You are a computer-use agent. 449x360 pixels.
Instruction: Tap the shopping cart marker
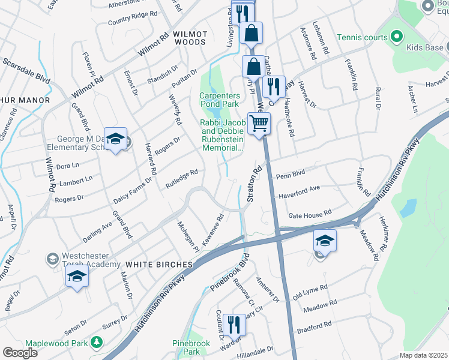tap(259, 124)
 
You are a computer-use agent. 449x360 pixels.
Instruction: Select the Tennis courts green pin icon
tap(396, 37)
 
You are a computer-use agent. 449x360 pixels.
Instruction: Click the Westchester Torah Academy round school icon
tap(52, 258)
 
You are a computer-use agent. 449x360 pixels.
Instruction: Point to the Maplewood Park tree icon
tap(96, 342)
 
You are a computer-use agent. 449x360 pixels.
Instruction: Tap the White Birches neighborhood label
tap(159, 264)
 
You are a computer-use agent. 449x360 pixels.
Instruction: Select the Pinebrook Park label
tap(190, 347)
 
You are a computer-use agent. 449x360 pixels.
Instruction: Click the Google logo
tap(20, 352)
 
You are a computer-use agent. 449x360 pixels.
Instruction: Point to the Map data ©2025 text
tap(423, 355)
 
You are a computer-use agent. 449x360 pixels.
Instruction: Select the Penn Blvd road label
tap(291, 176)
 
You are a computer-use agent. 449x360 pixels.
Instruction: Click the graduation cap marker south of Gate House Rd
tap(324, 241)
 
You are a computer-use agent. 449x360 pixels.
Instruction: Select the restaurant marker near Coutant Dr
tap(234, 325)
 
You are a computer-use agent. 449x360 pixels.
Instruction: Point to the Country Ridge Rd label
tap(132, 19)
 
